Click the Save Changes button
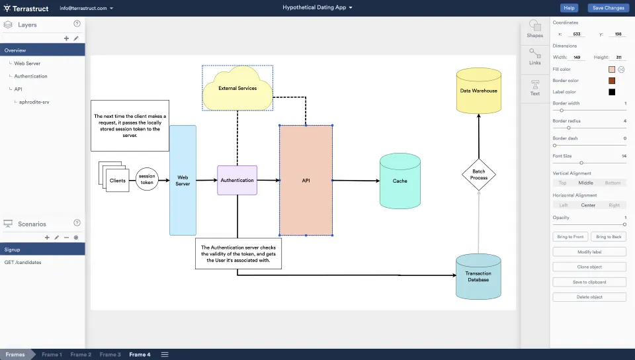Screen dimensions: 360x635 coord(608,8)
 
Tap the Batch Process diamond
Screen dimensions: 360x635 coord(478,175)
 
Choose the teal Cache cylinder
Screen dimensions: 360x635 coord(400,181)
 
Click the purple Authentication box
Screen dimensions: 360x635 coord(237,180)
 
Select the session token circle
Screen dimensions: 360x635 coord(147,179)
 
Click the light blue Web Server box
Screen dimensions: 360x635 coord(183,180)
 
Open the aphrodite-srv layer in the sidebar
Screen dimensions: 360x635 coord(34,102)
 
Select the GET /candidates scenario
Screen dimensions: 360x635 coord(22,263)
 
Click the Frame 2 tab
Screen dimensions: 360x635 coord(81,355)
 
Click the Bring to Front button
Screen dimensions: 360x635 coord(570,236)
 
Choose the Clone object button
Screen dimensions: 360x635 coord(589,267)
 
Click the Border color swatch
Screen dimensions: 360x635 coord(612,81)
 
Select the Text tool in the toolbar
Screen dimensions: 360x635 coord(534,87)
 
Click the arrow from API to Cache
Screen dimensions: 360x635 coord(356,180)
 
